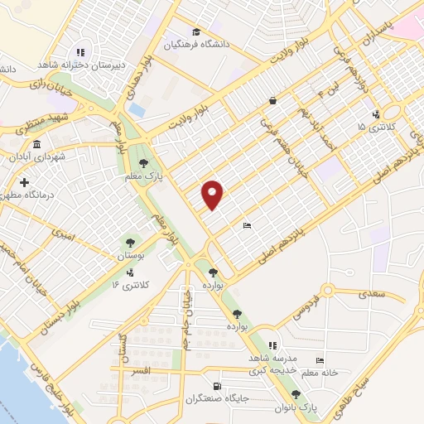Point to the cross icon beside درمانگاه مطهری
24,181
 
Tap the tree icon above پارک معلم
144,162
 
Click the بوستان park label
129,257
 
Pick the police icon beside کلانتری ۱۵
377,114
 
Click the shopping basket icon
272,101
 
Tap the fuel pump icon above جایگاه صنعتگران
217,386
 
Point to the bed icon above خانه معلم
320,360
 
